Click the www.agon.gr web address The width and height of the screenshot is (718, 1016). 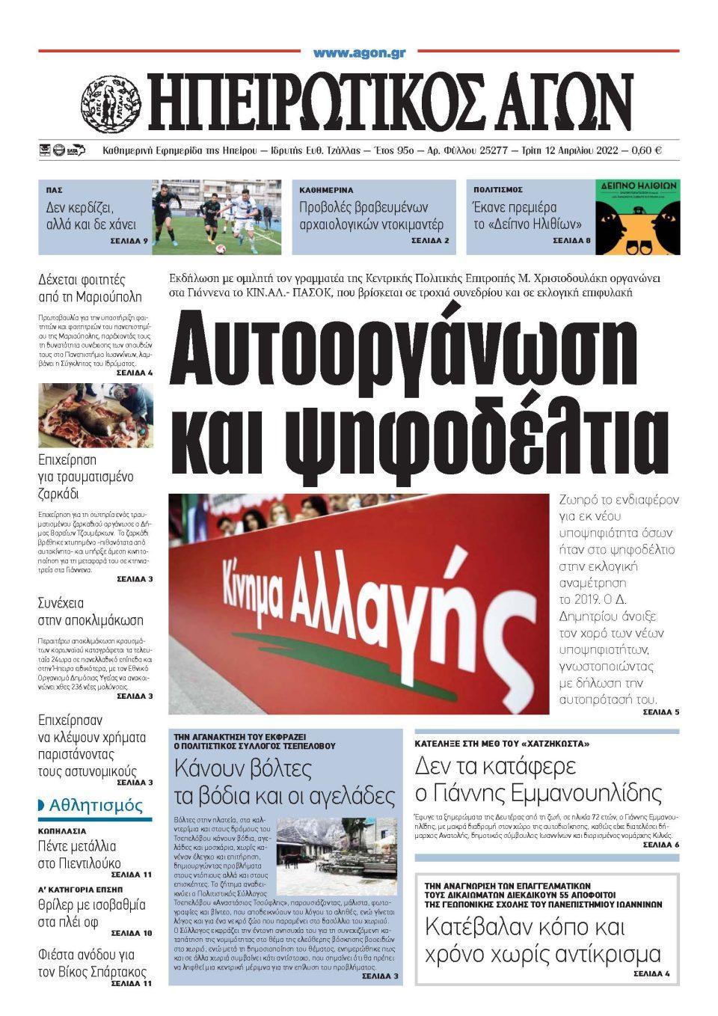click(x=359, y=53)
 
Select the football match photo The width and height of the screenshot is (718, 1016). click(x=217, y=217)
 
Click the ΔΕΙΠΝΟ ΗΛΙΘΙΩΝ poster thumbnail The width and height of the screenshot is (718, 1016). click(x=637, y=217)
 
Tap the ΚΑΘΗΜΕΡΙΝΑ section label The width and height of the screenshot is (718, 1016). click(x=326, y=191)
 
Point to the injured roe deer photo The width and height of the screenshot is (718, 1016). click(x=96, y=415)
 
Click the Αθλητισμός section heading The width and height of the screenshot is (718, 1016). click(x=95, y=806)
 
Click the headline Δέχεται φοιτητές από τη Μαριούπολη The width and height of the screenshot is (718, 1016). click(x=90, y=289)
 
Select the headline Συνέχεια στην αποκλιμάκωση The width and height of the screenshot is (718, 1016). click(x=90, y=611)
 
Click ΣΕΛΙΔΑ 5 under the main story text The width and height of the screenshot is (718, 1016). click(x=660, y=712)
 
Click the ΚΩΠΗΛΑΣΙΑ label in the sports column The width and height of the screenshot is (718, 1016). click(x=62, y=831)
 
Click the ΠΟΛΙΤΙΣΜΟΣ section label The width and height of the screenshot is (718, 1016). click(x=497, y=191)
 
